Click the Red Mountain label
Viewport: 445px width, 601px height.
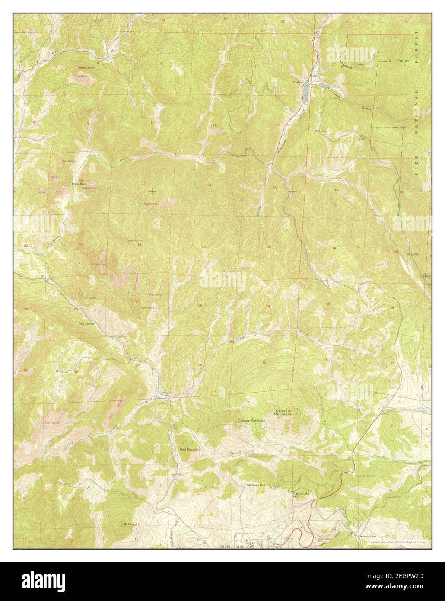(x=191, y=450)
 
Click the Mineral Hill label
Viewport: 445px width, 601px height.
(x=256, y=485)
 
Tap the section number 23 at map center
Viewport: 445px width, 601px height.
(x=203, y=247)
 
